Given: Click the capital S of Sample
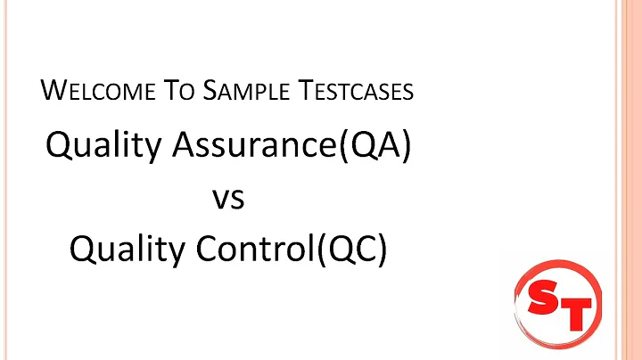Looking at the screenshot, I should (x=215, y=90).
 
